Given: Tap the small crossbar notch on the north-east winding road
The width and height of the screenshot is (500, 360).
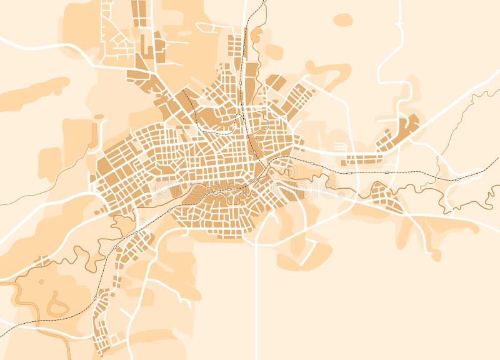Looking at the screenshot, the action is [x=397, y=24].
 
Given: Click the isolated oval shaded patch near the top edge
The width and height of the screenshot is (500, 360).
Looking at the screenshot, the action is [x=342, y=20].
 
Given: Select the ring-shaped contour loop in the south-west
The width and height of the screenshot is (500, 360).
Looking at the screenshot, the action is [x=57, y=307].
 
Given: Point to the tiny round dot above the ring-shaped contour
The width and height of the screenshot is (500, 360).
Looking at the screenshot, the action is [x=41, y=281].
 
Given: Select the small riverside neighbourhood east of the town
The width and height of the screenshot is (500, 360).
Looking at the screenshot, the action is [x=384, y=197].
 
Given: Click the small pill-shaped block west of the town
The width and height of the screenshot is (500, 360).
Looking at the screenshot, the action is [x=99, y=117].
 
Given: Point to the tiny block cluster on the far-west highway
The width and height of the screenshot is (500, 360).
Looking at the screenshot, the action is [x=41, y=260].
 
